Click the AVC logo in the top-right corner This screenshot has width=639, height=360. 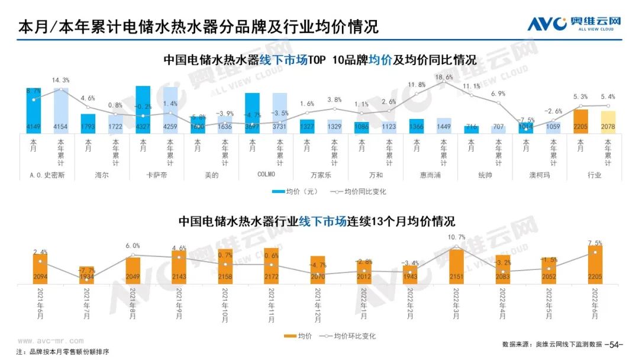pyautogui.click(x=574, y=23)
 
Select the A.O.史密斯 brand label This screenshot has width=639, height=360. pyautogui.click(x=47, y=175)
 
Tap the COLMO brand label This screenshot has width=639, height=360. pyautogui.click(x=266, y=175)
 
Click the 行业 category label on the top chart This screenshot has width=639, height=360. pyautogui.click(x=594, y=175)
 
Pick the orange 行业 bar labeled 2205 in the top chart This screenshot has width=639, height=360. pyautogui.click(x=580, y=121)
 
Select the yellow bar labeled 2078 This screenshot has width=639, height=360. pyautogui.click(x=608, y=123)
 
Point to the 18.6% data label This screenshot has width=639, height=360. pyautogui.click(x=444, y=78)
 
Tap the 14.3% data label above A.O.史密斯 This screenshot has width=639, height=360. pyautogui.click(x=61, y=80)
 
